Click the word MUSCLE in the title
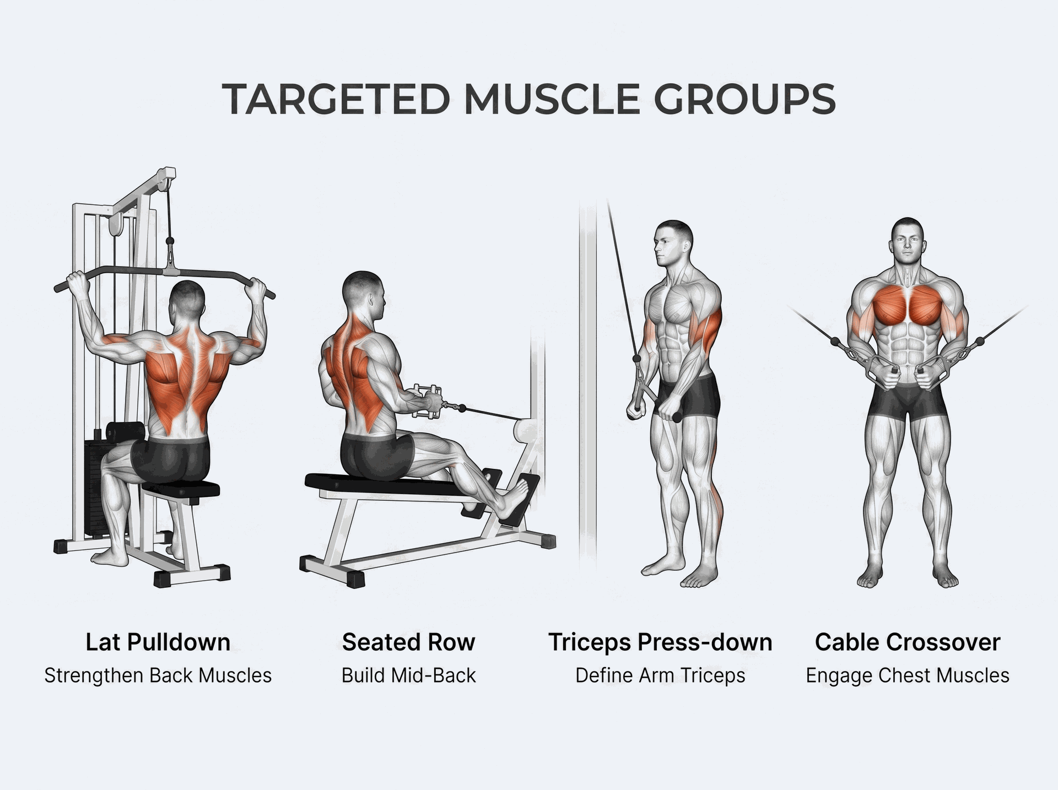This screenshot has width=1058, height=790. tap(552, 100)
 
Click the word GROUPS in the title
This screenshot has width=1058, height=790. tap(745, 100)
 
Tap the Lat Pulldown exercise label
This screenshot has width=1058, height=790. tap(158, 642)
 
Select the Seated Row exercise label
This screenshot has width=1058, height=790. tap(408, 642)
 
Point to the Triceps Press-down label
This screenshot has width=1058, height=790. tap(660, 642)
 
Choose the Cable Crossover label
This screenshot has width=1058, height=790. tap(908, 642)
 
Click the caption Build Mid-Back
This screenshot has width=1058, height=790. tap(408, 675)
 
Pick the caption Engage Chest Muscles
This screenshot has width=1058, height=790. tap(908, 676)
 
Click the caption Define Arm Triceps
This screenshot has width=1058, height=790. tap(660, 676)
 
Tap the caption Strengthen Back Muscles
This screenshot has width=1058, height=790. tap(158, 676)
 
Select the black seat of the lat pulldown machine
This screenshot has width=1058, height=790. tap(181, 489)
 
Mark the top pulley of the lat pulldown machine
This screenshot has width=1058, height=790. tap(164, 180)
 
